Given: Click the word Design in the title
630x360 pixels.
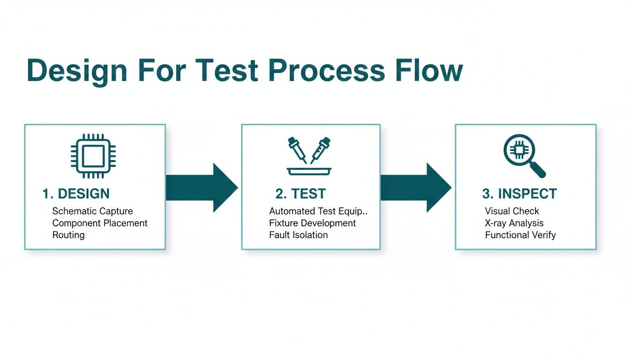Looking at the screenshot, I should pyautogui.click(x=77, y=71).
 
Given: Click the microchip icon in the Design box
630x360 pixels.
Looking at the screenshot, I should pyautogui.click(x=93, y=156).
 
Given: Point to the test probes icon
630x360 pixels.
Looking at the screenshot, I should pyautogui.click(x=309, y=156).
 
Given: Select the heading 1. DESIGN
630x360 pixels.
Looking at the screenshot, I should pyautogui.click(x=76, y=194).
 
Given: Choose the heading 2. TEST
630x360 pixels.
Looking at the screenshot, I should pyautogui.click(x=300, y=194).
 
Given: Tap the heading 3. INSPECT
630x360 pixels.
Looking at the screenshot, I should pyautogui.click(x=519, y=194).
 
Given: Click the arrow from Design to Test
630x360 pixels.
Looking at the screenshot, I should pyautogui.click(x=202, y=187).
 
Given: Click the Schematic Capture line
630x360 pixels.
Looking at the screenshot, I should pyautogui.click(x=92, y=211).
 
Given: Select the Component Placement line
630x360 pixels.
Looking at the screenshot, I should pyautogui.click(x=100, y=223).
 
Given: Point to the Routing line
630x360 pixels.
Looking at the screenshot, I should pyautogui.click(x=68, y=235).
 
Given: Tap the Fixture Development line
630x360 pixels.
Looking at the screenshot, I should pyautogui.click(x=313, y=223).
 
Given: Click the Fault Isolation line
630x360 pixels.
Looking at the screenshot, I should pyautogui.click(x=299, y=235).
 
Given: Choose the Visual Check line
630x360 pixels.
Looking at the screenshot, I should pyautogui.click(x=512, y=211).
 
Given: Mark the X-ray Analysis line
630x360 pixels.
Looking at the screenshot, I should pyautogui.click(x=514, y=223).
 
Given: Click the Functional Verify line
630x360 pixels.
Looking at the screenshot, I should pyautogui.click(x=520, y=235).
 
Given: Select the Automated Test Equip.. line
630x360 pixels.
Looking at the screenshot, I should pyautogui.click(x=319, y=211).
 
